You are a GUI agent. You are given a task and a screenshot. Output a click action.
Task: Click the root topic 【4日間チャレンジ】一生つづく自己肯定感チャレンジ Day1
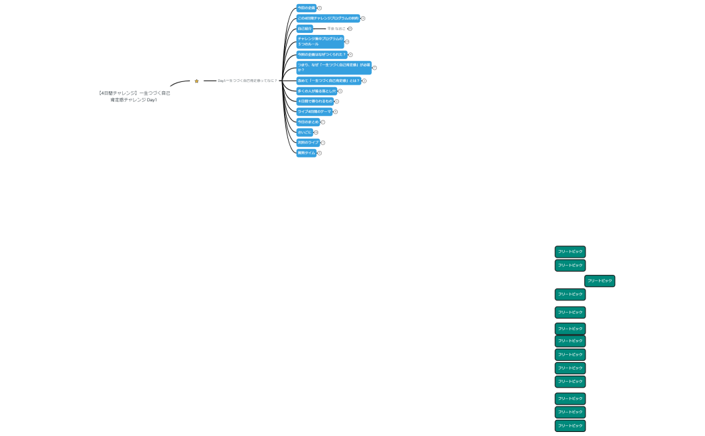134,97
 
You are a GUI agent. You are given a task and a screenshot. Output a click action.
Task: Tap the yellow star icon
197,81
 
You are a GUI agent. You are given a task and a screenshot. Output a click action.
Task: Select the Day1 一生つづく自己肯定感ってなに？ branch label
246,80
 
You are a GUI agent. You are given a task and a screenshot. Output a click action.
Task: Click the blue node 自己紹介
305,29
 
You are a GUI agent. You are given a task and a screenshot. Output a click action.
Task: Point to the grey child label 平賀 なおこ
336,29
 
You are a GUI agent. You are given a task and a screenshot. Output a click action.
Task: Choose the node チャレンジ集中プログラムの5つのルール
320,42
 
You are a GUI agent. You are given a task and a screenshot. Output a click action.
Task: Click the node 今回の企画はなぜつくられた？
322,54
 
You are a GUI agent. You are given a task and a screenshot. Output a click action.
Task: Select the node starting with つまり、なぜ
334,68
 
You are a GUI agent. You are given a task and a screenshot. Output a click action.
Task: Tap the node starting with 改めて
328,80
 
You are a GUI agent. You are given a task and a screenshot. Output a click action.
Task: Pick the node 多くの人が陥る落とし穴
316,91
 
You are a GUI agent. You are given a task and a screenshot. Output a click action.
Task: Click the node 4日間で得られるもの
315,101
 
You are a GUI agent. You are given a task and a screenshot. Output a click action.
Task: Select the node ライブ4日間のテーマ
314,111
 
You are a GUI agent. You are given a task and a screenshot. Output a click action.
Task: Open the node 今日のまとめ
308,122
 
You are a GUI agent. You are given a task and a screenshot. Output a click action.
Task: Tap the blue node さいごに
305,132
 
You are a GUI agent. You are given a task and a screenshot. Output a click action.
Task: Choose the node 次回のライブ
308,142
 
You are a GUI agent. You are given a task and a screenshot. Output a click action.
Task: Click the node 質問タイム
306,153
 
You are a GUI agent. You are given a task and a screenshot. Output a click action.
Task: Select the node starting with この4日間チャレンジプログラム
328,18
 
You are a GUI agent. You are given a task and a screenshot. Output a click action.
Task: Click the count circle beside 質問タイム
320,153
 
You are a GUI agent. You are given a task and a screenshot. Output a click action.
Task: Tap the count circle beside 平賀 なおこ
350,29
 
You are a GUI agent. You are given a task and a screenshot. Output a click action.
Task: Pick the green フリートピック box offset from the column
600,281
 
